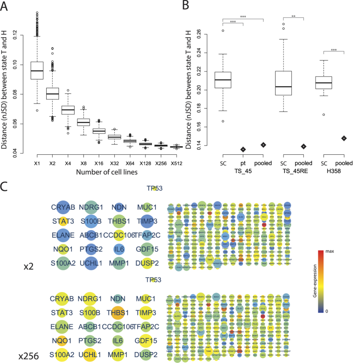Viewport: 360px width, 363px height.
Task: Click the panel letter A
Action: pyautogui.click(x=6, y=6)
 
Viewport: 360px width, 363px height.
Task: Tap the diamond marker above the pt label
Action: pyautogui.click(x=243, y=149)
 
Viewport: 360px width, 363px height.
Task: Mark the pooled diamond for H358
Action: pyautogui.click(x=344, y=138)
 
